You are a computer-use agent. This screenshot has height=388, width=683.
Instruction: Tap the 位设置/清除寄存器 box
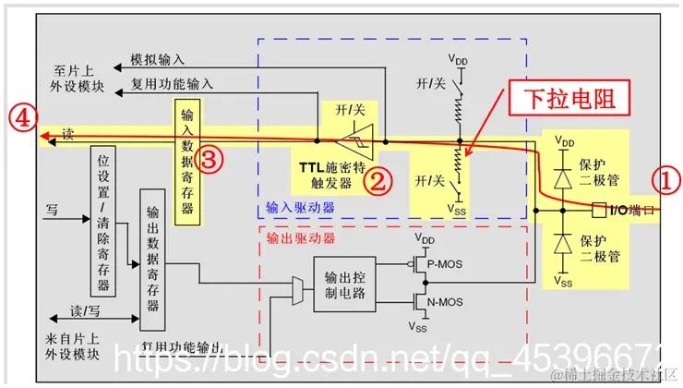(104, 219)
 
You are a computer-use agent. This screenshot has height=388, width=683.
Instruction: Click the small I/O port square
(598, 210)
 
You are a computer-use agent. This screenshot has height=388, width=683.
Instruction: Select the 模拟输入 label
(159, 58)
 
